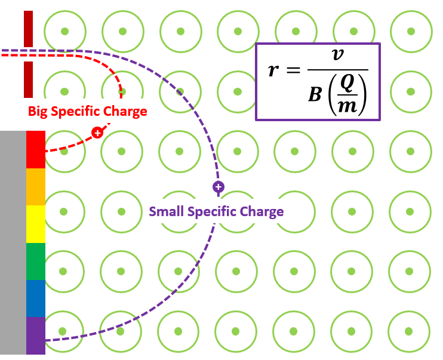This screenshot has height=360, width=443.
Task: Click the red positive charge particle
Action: tap(97, 132)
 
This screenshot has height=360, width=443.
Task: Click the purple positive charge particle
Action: tap(219, 187)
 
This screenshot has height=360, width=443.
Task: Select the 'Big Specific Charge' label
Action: tap(87, 111)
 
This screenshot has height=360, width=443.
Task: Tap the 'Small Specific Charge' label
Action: tap(216, 211)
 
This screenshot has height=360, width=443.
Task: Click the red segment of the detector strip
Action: tap(36, 149)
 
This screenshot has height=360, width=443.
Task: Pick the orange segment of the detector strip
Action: tap(36, 187)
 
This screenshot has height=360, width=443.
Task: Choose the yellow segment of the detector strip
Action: tap(36, 224)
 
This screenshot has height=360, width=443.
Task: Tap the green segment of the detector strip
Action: tap(36, 261)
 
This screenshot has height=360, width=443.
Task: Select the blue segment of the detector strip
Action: tap(36, 299)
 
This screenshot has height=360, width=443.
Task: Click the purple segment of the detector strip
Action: tap(36, 336)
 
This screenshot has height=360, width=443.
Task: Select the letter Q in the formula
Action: tap(346, 84)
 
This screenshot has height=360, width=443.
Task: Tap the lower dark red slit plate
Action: tap(28, 79)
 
